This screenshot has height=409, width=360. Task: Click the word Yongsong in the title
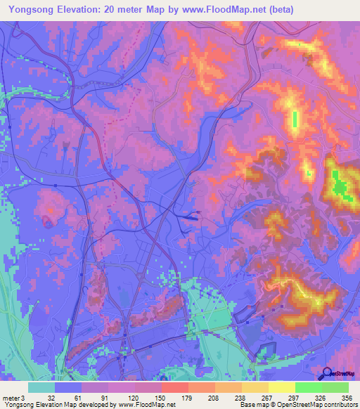pos(27,10)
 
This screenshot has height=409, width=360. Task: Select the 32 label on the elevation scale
pos(51,397)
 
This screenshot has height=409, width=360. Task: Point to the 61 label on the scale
pos(79,397)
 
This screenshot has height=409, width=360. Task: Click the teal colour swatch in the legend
pos(41,387)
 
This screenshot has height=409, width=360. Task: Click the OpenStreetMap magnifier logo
pos(326,374)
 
